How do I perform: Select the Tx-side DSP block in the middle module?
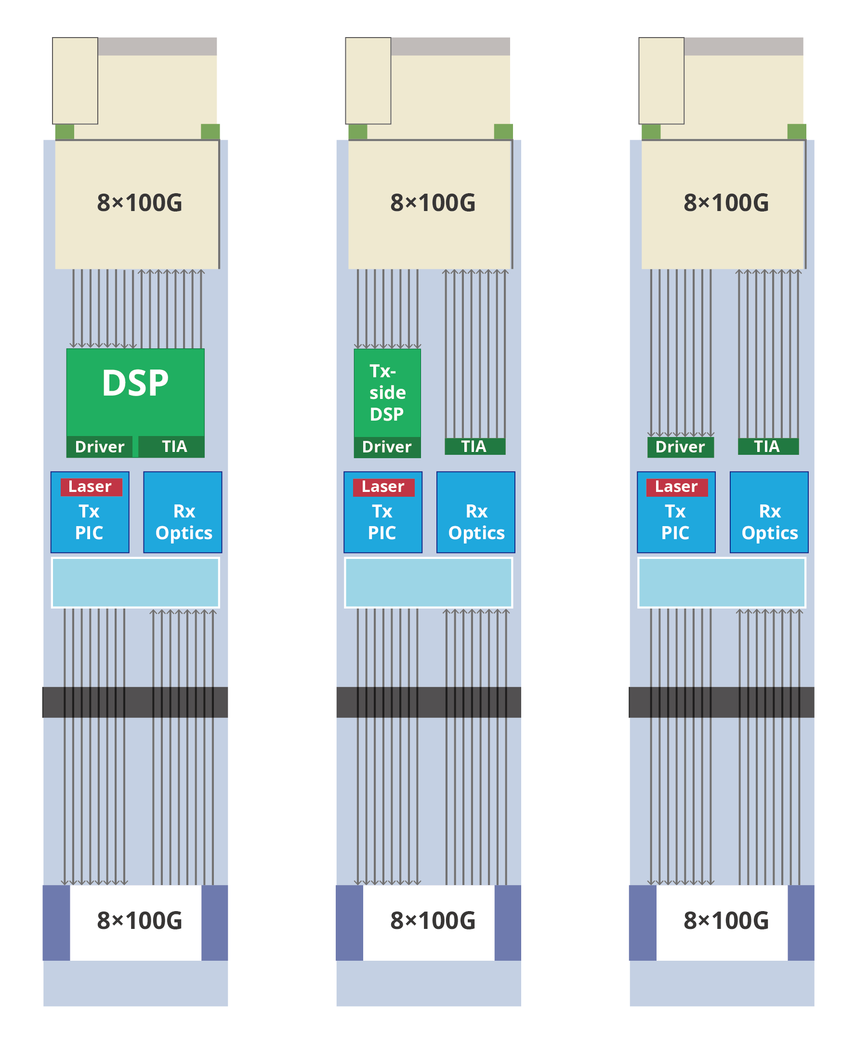point(387,393)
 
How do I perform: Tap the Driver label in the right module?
point(680,447)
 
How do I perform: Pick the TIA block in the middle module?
point(475,446)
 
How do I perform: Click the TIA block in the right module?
point(768,446)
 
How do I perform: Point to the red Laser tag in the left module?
point(91,487)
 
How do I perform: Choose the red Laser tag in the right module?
point(677,487)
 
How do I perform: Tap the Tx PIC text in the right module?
point(675,522)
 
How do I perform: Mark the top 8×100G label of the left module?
point(139,202)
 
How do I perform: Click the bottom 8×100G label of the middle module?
point(433,920)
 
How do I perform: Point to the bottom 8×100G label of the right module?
point(726,920)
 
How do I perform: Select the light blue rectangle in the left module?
point(135,583)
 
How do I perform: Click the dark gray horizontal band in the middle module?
point(429,702)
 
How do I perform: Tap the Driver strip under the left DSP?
point(100,447)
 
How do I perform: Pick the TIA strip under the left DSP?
point(172,446)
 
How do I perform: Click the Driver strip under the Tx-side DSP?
point(387,447)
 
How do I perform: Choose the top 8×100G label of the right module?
point(726,202)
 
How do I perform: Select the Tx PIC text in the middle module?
point(382,522)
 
